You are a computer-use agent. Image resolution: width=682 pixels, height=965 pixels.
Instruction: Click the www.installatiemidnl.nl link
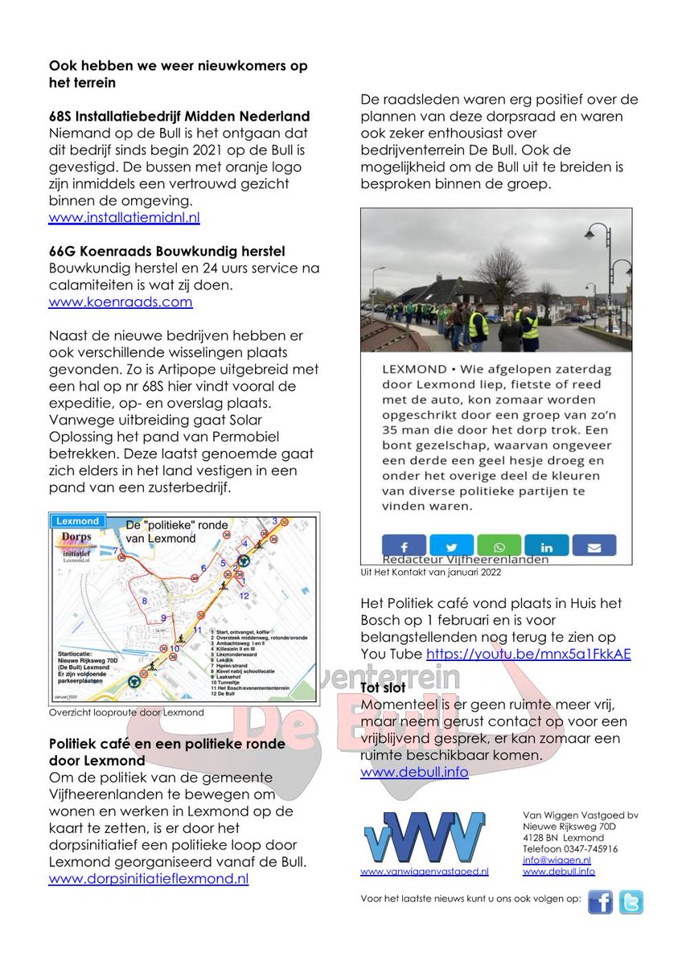coord(124,218)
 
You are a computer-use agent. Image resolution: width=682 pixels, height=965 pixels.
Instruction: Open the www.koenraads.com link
coord(121,302)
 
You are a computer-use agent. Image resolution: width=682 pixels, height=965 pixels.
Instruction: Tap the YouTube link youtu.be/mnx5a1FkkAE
coord(528,654)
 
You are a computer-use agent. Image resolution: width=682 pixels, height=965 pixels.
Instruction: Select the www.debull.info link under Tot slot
coord(413,772)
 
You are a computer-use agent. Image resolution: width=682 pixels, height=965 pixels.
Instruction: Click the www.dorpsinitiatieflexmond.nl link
coord(148,879)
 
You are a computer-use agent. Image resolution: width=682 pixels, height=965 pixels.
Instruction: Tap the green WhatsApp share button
coord(499,546)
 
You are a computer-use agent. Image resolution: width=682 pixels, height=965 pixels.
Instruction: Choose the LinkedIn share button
coord(546,546)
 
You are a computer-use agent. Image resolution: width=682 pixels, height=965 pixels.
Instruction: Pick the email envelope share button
coord(594,546)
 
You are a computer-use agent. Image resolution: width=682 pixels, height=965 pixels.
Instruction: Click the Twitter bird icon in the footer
coord(631,902)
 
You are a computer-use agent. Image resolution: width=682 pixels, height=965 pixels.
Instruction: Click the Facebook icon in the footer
coord(600,902)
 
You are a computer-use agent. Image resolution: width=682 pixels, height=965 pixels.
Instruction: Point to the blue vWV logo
coord(424,837)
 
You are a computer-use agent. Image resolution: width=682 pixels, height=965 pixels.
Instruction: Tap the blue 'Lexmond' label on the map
coord(77,520)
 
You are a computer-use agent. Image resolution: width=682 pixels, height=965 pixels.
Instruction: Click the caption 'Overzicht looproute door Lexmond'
coord(126,712)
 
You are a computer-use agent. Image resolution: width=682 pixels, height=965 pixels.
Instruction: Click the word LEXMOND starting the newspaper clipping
coord(414,368)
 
